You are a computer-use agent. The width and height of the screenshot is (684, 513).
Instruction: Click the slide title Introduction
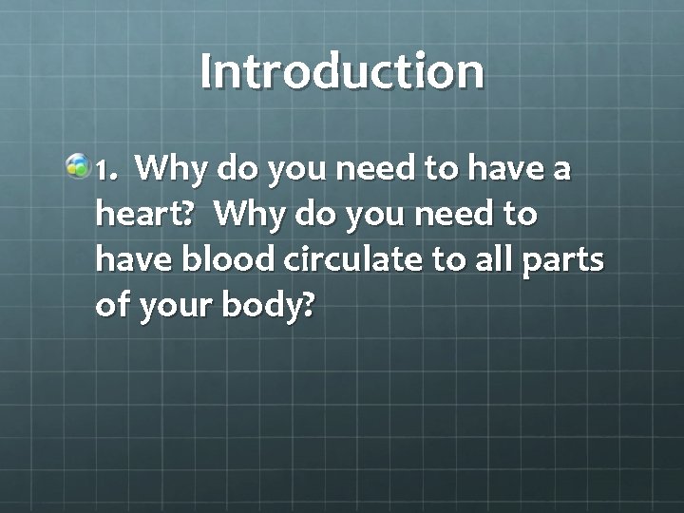coord(342,72)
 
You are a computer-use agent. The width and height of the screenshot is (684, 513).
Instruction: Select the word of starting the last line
coord(112,306)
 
